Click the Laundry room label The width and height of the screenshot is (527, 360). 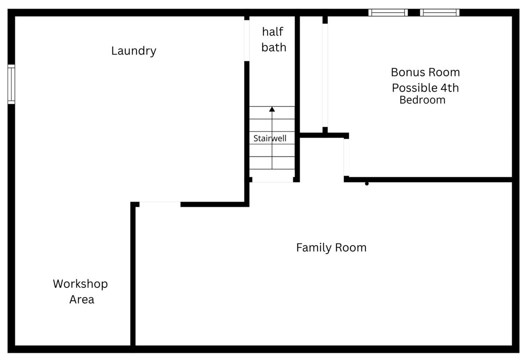pos(134,51)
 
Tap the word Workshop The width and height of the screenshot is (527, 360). pos(80,284)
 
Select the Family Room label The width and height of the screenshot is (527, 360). pos(331,247)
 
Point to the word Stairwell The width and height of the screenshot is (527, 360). pos(270,138)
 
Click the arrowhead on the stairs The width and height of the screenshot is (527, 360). pos(272,109)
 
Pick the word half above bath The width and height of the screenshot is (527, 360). pos(272,32)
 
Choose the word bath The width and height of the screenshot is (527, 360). pos(274,47)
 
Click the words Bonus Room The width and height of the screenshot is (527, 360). pos(426,72)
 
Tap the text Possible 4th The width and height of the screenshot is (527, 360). pos(426,88)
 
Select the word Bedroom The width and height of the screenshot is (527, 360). pos(422,100)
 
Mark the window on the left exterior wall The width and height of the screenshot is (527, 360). pos(11,84)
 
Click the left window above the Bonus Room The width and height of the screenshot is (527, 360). pos(388,12)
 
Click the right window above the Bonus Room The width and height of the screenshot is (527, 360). pos(440,12)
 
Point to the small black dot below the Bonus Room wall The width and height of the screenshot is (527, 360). pos(367,184)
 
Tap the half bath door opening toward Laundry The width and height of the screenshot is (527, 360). pos(247,40)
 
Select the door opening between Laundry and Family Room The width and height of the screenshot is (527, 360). pos(160,204)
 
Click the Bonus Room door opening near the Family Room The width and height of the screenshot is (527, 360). pos(347,157)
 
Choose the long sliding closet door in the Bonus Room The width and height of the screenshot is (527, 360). pos(325,75)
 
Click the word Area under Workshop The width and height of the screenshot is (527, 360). pos(82,300)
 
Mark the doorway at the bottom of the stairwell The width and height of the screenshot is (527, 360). pos(272,179)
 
